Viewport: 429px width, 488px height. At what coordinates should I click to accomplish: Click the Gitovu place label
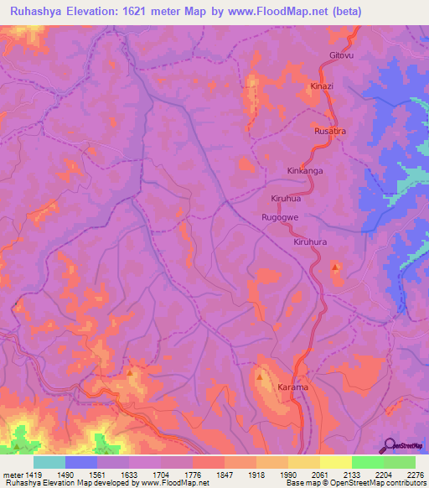(x=343, y=56)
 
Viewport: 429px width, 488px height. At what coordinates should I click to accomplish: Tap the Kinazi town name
(x=322, y=86)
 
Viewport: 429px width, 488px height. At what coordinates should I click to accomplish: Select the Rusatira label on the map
(x=329, y=132)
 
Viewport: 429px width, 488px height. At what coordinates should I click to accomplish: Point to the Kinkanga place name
(x=305, y=170)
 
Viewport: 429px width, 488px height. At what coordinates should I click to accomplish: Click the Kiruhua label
(x=286, y=200)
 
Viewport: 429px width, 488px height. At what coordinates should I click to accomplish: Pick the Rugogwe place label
(x=280, y=217)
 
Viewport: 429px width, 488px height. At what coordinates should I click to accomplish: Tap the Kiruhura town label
(x=310, y=241)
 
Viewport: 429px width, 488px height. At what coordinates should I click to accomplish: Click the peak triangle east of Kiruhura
(x=336, y=267)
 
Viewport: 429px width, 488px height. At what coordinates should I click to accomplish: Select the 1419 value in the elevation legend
(x=28, y=474)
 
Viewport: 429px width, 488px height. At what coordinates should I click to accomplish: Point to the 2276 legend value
(x=414, y=474)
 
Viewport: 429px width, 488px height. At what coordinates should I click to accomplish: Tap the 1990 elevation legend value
(x=287, y=474)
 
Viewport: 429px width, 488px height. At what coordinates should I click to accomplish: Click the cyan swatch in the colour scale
(x=49, y=462)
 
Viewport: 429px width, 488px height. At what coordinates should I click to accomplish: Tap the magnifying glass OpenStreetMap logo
(x=389, y=445)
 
